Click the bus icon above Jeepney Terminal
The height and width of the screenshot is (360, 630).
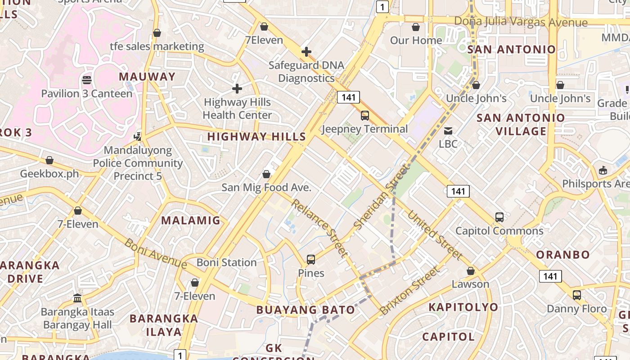[x=365, y=116]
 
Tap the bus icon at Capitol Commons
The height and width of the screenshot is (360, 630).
[x=499, y=217]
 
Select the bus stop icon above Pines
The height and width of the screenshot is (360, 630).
[x=311, y=260]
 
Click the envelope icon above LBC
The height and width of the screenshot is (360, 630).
[x=448, y=131]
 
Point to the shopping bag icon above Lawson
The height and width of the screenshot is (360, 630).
[x=471, y=271]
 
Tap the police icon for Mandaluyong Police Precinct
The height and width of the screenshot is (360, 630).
[x=138, y=136]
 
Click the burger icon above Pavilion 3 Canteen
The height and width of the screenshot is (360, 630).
[x=87, y=80]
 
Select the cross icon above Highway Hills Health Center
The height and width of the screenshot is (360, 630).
[x=237, y=89]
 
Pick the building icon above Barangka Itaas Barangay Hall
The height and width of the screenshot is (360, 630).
[x=77, y=298]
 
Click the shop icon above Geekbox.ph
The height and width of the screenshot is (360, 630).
[x=49, y=160]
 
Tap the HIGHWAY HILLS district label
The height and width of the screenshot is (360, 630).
[x=256, y=136]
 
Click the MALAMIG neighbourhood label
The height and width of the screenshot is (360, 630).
[x=191, y=220]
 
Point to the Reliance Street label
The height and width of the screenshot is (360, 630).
[x=319, y=228]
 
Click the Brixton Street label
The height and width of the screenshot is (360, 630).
[x=409, y=291]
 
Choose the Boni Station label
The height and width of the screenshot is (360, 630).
[x=226, y=262]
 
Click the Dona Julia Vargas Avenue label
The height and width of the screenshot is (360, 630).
[x=521, y=22]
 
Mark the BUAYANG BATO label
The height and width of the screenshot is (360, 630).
[x=306, y=310]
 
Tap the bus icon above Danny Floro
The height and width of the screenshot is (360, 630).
[x=577, y=295]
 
